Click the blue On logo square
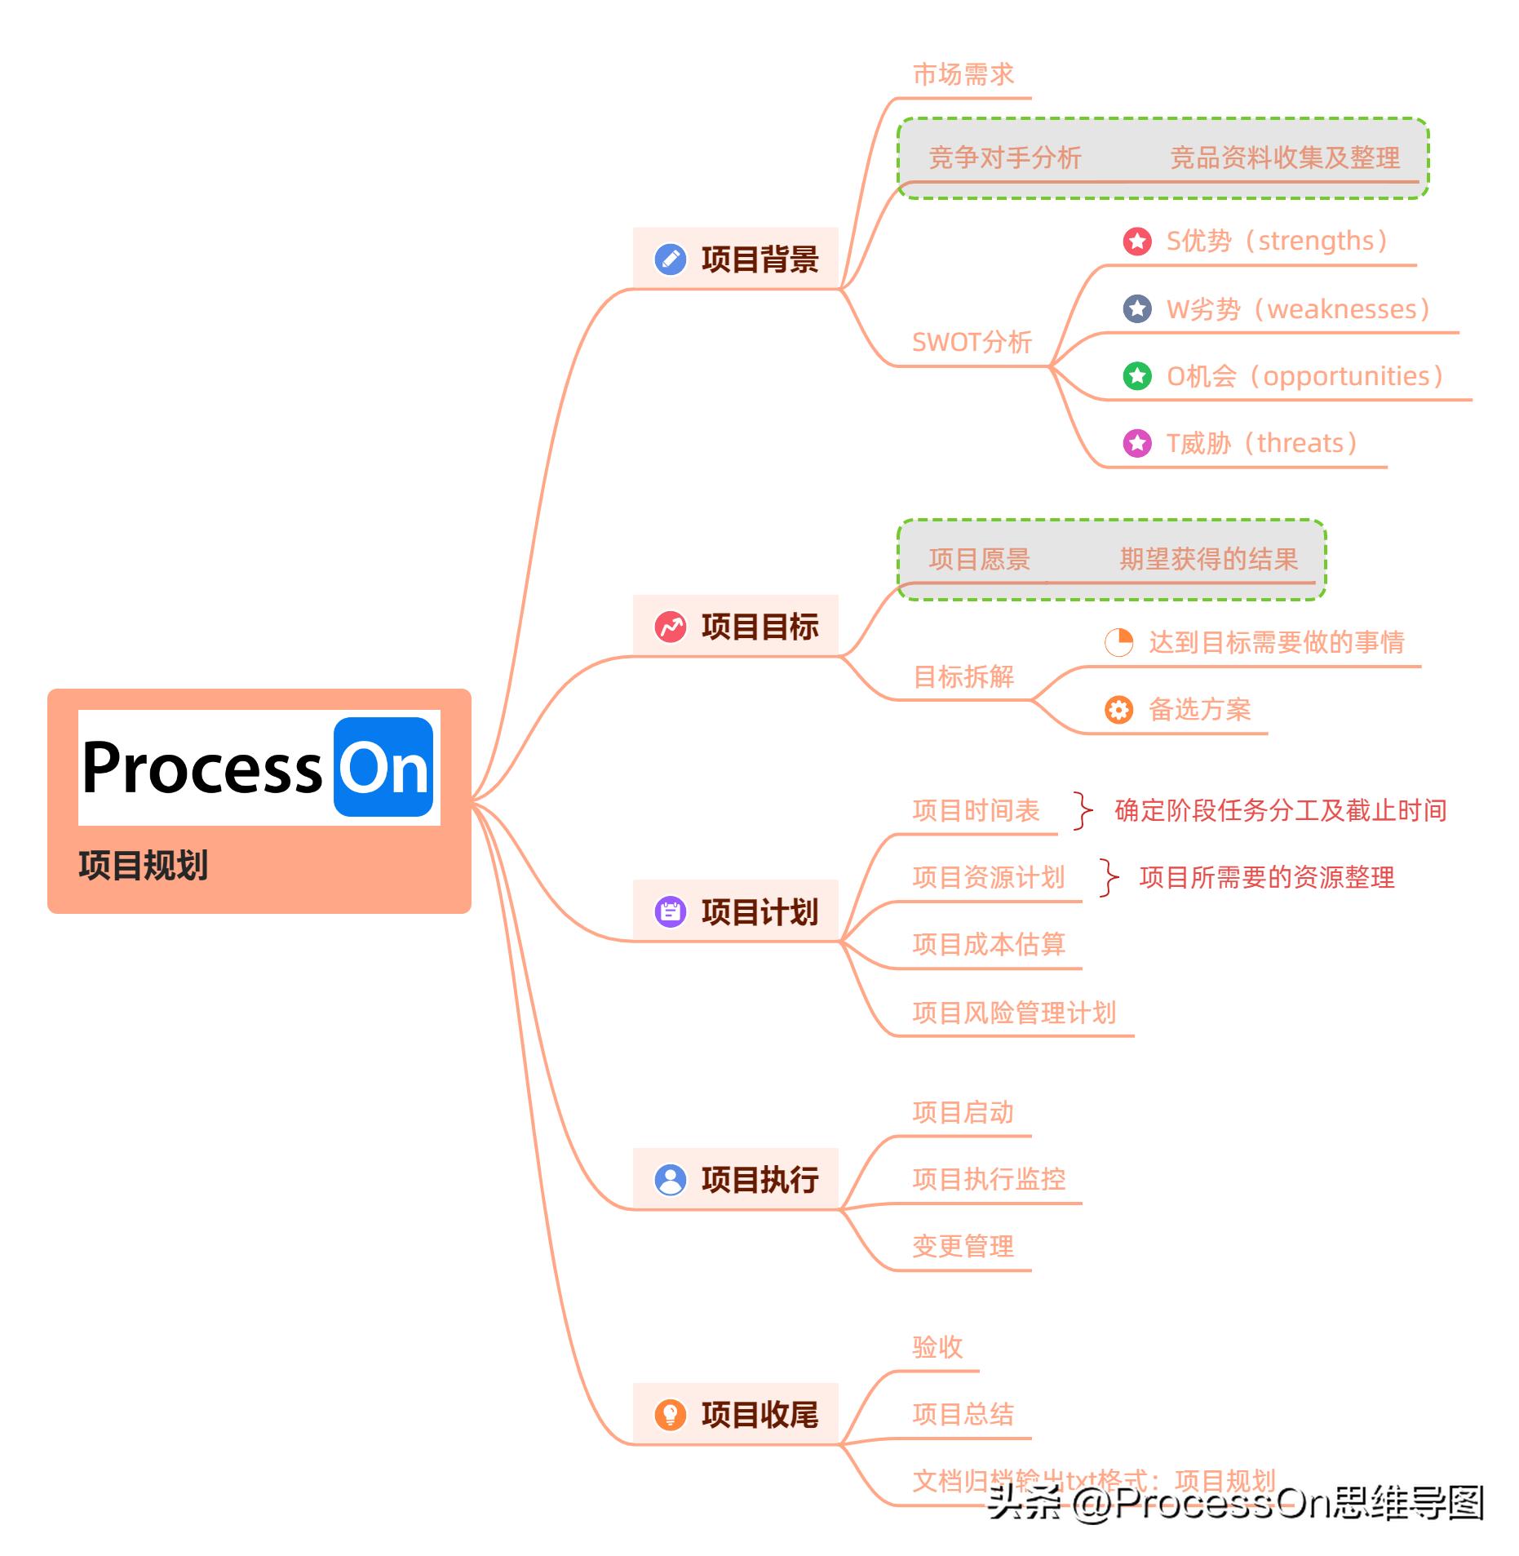(x=383, y=767)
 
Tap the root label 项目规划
(x=144, y=865)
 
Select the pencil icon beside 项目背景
(x=671, y=259)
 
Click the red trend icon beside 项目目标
(x=671, y=627)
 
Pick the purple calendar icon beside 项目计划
(x=671, y=911)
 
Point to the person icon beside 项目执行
(x=671, y=1180)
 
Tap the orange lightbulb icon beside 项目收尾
(x=671, y=1414)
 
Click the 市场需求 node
(x=963, y=75)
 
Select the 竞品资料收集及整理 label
(x=1285, y=157)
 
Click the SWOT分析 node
(x=972, y=342)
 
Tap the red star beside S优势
(x=1137, y=241)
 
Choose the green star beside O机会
(x=1137, y=376)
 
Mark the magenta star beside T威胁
(x=1137, y=443)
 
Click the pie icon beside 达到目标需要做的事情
(x=1118, y=642)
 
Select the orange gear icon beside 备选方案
(x=1118, y=709)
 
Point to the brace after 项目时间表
(x=1083, y=810)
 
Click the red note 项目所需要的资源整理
(x=1267, y=878)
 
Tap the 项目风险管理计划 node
(x=1014, y=1013)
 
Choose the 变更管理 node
(x=963, y=1246)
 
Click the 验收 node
(x=937, y=1347)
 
